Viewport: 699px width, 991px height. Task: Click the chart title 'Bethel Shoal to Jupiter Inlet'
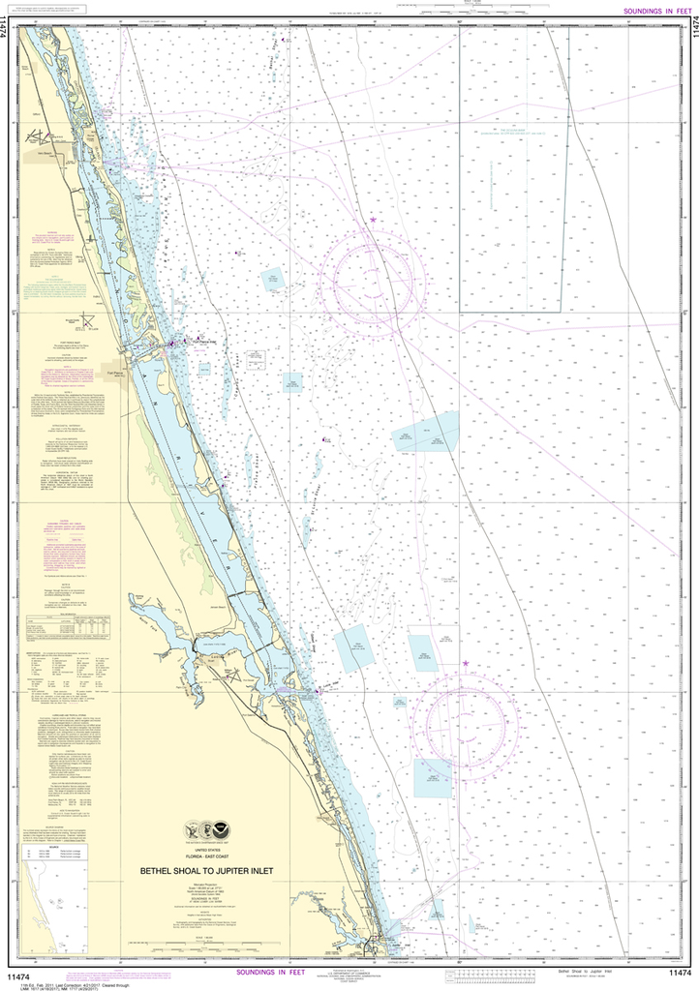(x=206, y=870)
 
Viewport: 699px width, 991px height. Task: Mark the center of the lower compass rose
(x=466, y=726)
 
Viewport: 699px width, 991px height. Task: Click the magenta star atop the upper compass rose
(x=374, y=221)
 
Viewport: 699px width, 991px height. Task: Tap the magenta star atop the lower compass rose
(x=466, y=663)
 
